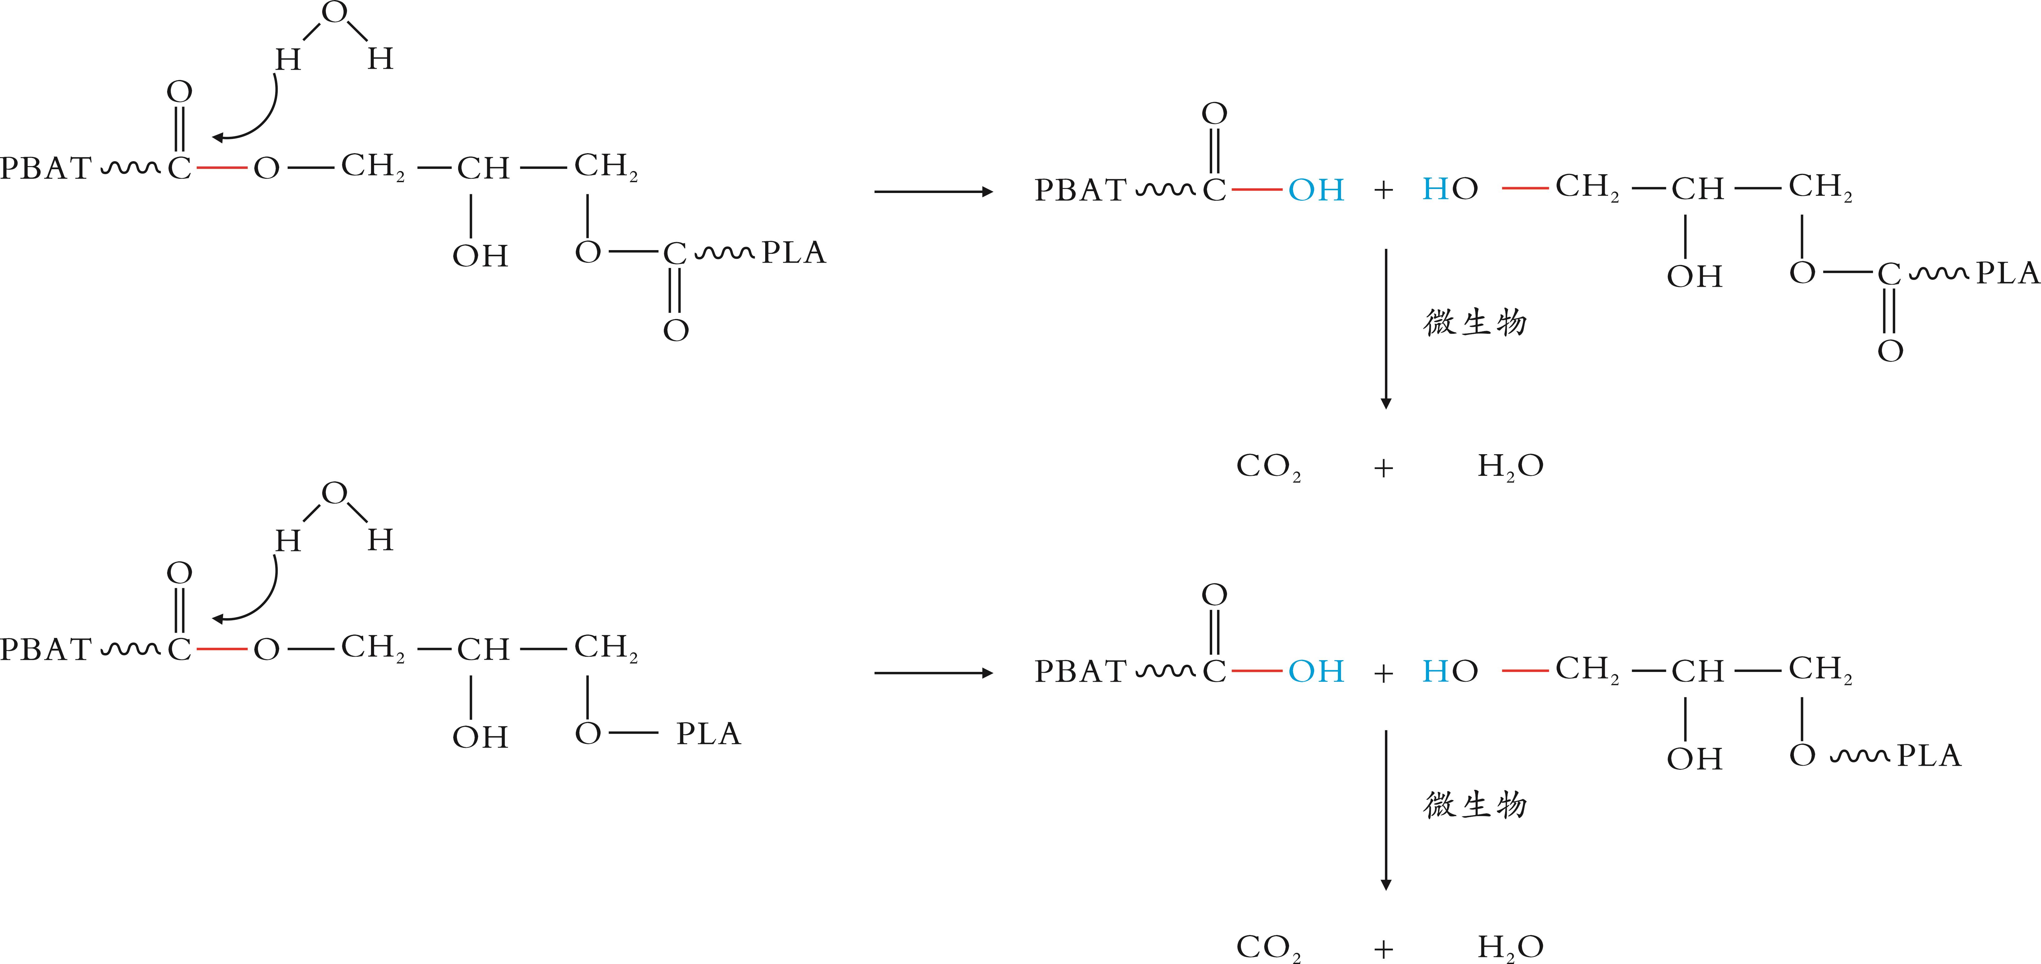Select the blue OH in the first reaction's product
coord(1316,190)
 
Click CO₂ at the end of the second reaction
coord(1268,947)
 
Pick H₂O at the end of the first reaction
coord(1510,466)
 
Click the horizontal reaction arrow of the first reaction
coord(933,192)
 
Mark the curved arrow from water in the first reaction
coord(254,119)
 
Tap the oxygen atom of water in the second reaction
coord(334,493)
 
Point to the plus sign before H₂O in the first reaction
coord(1383,468)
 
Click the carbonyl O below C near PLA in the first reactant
coord(676,330)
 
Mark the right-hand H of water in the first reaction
coord(380,59)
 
